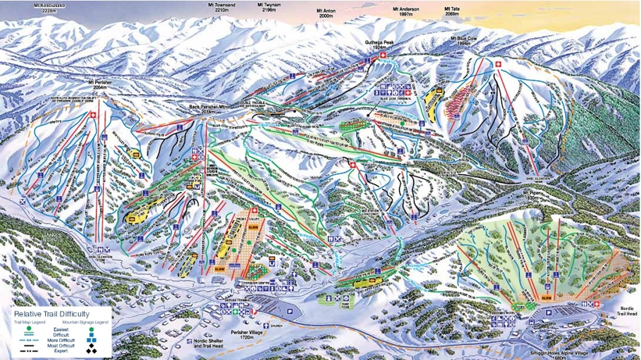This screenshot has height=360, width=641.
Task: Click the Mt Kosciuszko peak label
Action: click(49, 8)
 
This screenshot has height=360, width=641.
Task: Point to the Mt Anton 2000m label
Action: click(325, 13)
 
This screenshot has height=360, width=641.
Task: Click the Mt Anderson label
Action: click(405, 12)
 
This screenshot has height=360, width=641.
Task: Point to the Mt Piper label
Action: click(532, 191)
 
